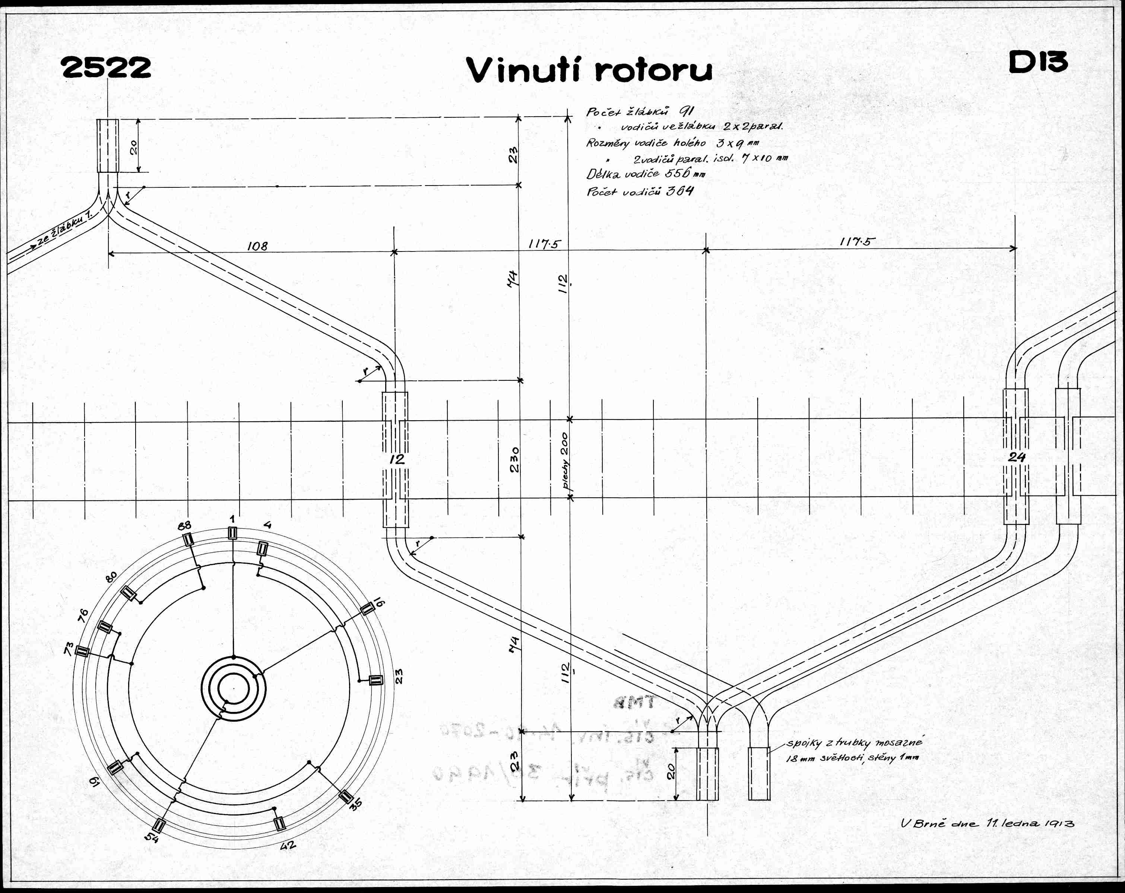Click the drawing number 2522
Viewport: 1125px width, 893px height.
coord(106,68)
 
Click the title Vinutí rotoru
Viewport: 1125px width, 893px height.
coord(589,70)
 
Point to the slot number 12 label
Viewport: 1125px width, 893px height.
coord(397,459)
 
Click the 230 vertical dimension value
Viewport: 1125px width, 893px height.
coord(514,459)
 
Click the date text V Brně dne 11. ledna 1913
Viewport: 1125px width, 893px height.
coord(987,823)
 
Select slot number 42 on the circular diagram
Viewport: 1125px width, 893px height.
coord(288,845)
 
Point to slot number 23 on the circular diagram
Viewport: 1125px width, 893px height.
coord(400,677)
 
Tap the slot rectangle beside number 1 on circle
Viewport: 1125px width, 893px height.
coord(232,533)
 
